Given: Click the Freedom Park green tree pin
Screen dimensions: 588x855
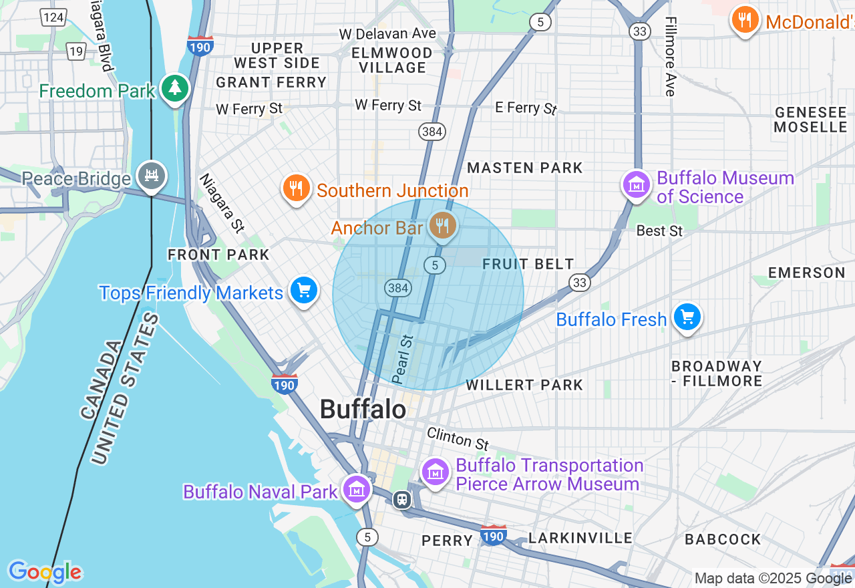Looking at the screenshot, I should [x=175, y=88].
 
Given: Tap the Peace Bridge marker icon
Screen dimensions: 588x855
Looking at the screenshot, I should [x=152, y=176].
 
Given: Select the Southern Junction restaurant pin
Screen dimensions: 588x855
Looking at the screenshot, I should [x=296, y=188].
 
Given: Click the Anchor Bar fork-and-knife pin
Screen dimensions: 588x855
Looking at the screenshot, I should [x=442, y=225].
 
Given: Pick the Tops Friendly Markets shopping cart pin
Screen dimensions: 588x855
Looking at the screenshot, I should [x=304, y=291].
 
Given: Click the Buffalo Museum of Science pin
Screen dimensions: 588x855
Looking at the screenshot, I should [x=637, y=184].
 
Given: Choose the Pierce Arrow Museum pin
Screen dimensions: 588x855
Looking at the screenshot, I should [x=436, y=472].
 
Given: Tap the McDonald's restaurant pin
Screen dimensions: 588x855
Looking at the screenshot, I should [x=745, y=19].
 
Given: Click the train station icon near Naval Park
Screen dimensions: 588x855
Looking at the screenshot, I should [x=402, y=499].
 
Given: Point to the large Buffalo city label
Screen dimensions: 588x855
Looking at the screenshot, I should [x=363, y=409].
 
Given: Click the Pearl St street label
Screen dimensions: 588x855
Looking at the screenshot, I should [x=403, y=359].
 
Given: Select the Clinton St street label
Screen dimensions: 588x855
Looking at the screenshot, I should [x=458, y=438].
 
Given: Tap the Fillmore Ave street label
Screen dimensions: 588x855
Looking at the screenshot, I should [x=670, y=56].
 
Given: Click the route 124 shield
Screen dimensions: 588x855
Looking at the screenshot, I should [x=53, y=17].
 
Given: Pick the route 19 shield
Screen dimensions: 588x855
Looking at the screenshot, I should [x=76, y=51].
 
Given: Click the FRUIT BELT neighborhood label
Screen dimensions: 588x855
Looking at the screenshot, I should [x=528, y=264].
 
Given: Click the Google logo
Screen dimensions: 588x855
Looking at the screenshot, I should [x=45, y=572].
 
